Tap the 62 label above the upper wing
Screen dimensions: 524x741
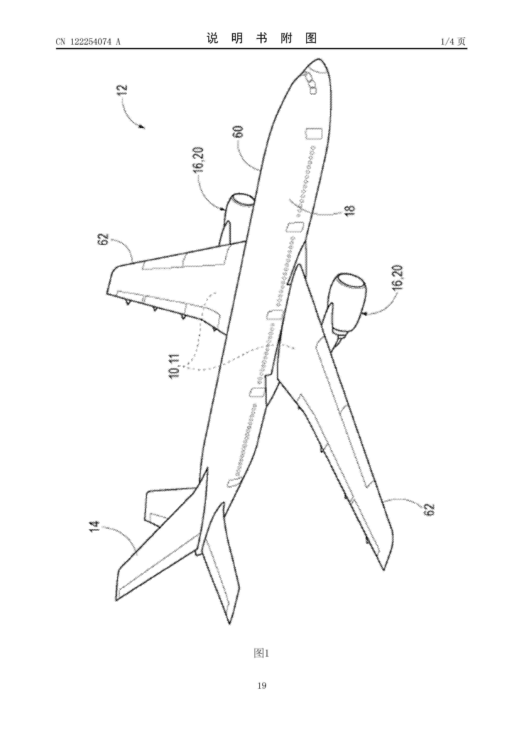tap(103, 240)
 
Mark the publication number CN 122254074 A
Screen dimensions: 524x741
tap(88, 42)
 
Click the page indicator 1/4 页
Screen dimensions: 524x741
tap(453, 41)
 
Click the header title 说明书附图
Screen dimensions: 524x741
tap(262, 38)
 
